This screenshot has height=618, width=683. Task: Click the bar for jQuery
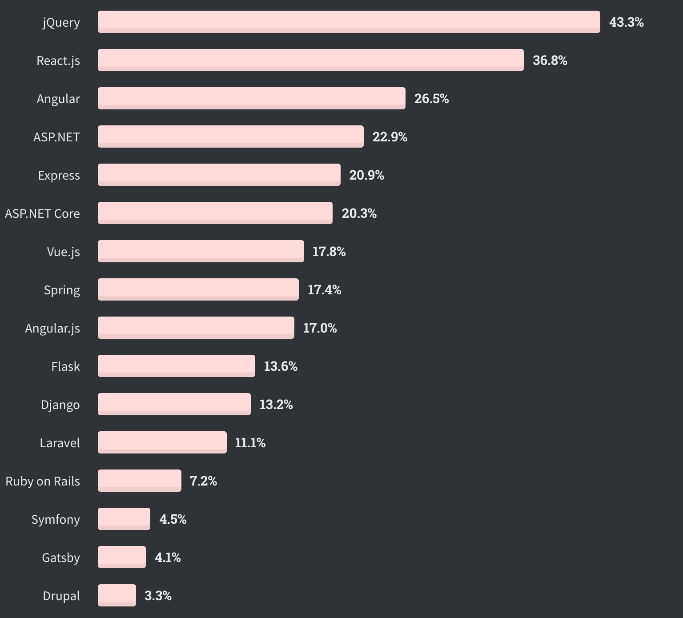coord(349,22)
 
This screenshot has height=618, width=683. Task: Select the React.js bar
coord(310,60)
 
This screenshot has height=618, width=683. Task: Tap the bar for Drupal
coord(117,595)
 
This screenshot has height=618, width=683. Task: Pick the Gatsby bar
coord(121,557)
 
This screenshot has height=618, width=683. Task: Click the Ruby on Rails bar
coord(139,481)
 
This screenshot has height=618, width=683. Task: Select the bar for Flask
coord(176,366)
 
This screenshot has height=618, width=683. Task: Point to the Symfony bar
coord(124,519)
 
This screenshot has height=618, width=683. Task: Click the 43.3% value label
coord(626,22)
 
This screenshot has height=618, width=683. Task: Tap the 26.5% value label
coord(431,99)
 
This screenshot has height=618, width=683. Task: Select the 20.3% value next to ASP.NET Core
coord(359,213)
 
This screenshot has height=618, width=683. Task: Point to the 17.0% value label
coord(320,328)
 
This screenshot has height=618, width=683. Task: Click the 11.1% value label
coord(250,443)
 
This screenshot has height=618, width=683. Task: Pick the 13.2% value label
coord(276,405)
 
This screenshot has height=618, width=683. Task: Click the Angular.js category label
coord(52,328)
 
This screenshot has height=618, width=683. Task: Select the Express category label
coord(59,175)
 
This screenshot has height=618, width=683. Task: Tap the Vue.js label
coord(63,252)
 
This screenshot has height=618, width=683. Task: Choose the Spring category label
coord(62,290)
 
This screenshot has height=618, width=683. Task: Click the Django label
coord(60,405)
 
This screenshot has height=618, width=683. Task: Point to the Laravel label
coord(60,443)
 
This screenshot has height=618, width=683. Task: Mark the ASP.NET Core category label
coord(42,213)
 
